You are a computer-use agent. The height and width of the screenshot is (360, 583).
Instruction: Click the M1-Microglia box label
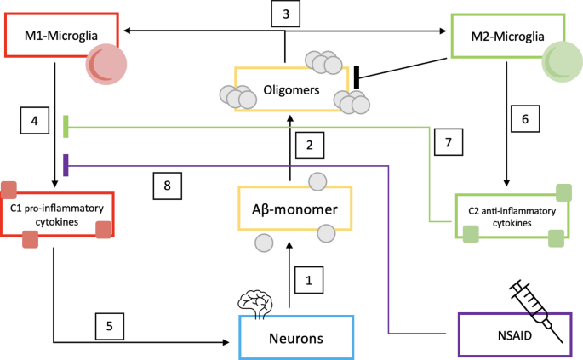[61, 36]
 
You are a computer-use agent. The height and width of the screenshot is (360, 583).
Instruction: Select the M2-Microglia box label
[507, 37]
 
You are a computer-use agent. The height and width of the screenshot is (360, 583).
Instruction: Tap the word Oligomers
[291, 90]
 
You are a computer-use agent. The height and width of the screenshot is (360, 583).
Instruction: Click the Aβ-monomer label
[294, 209]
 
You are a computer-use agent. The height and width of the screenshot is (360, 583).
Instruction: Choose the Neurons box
[296, 338]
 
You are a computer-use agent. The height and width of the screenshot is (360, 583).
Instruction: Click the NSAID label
[515, 335]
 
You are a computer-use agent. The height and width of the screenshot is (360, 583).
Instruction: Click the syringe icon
[536, 311]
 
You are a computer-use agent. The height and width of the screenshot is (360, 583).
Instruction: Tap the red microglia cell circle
[106, 64]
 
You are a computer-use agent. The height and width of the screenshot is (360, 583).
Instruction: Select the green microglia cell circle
[563, 61]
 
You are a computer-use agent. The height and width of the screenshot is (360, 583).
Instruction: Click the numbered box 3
[286, 14]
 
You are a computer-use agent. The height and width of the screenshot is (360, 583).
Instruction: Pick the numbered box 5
[110, 326]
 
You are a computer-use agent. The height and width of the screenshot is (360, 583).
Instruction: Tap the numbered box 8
[168, 186]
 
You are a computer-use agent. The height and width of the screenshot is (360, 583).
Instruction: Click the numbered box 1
[309, 280]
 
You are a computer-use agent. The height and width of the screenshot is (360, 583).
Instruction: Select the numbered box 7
[449, 142]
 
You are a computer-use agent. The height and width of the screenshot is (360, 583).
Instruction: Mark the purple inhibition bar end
[66, 165]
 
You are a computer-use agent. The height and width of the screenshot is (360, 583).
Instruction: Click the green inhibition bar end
[66, 127]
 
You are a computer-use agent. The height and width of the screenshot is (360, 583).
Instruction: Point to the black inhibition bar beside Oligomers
[357, 77]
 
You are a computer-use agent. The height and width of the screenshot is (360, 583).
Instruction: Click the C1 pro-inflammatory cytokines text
[57, 215]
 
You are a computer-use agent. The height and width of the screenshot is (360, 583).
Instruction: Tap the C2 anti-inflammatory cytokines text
[512, 217]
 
